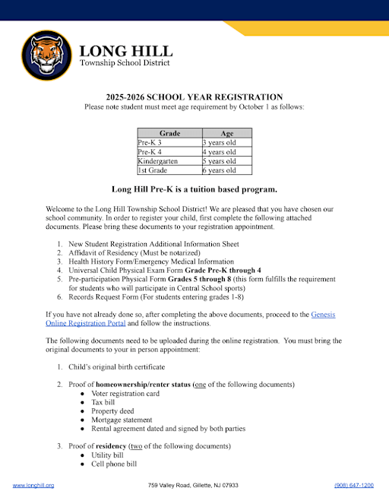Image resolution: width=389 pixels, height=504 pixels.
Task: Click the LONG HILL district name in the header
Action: pyautogui.click(x=125, y=52)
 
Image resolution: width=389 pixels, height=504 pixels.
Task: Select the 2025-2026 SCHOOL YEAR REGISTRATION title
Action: pyautogui.click(x=194, y=97)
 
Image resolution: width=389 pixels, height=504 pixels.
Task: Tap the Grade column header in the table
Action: pyautogui.click(x=169, y=133)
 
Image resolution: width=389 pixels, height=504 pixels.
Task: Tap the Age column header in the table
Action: pyautogui.click(x=226, y=133)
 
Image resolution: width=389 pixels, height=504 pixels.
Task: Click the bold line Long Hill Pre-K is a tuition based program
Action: pyautogui.click(x=194, y=189)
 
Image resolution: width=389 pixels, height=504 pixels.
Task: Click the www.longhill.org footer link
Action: pyautogui.click(x=33, y=485)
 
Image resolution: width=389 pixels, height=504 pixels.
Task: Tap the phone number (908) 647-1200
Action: pyautogui.click(x=354, y=485)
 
